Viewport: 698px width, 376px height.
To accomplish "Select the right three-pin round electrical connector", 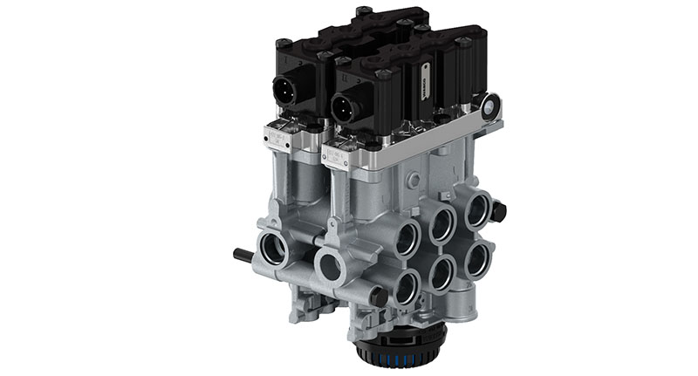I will coord(343,106).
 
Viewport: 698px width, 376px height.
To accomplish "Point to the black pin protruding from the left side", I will coord(243,256).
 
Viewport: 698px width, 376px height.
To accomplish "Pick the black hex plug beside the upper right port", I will coord(498,211).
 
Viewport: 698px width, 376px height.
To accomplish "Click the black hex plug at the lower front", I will coord(379,296).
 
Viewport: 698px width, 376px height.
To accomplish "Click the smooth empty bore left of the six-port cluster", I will coord(331,266).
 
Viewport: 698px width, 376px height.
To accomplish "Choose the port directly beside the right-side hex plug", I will coord(476,210).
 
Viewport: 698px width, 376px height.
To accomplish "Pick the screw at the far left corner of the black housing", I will coord(284,44).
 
